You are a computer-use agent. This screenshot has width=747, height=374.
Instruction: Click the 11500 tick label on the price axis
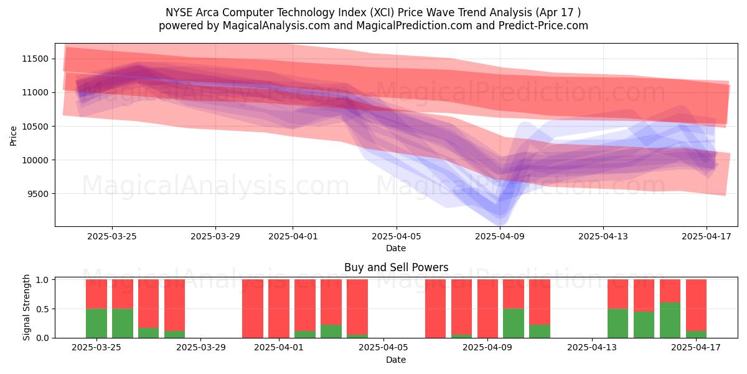[35, 59]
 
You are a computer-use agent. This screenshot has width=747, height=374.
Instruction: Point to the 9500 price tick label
[38, 194]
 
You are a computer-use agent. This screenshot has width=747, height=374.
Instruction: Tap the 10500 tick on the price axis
[35, 127]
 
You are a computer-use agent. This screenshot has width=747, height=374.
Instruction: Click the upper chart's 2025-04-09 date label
[500, 236]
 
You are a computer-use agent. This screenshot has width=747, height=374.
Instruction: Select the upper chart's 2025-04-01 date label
[293, 236]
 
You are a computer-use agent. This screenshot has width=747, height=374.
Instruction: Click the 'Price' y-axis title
[14, 135]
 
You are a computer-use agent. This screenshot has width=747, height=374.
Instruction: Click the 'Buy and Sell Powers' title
[396, 267]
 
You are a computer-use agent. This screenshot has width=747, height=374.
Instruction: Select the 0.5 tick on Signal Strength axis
[41, 309]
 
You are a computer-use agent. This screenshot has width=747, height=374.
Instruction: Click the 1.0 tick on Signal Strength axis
[41, 280]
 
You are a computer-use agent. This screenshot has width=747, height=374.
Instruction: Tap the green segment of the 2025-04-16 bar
[670, 320]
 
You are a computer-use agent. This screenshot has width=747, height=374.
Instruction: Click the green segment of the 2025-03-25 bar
[96, 323]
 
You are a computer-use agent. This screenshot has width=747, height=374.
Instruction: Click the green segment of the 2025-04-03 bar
[331, 331]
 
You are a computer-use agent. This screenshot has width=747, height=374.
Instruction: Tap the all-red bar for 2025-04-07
[436, 309]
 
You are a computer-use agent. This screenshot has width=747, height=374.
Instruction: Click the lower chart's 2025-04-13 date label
[591, 347]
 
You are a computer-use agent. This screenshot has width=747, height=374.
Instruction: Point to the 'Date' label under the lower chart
[396, 360]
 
